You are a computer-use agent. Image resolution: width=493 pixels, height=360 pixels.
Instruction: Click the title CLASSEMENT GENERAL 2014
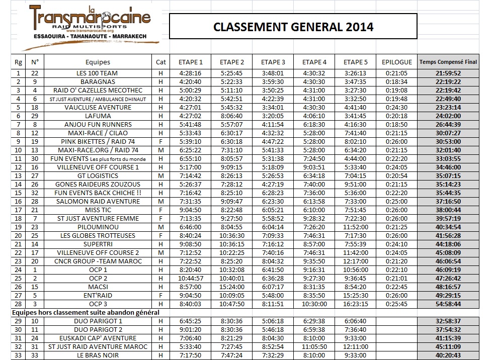point(293,27)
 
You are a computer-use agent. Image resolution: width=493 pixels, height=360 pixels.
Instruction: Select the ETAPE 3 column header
point(273,62)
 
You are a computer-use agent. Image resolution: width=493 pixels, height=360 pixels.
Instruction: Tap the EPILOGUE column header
point(396,62)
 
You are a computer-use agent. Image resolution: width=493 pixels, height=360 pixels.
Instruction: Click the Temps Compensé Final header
point(448,62)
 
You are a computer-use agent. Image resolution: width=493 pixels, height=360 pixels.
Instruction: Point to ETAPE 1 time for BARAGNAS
point(191,81)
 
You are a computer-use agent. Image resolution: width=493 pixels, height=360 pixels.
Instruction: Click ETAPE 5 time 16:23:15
point(355,304)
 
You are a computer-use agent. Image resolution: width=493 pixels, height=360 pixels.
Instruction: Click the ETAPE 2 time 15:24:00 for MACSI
point(232,287)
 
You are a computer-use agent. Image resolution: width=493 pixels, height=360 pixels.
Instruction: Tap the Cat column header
point(160,62)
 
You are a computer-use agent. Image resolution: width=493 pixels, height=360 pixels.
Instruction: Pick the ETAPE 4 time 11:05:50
point(314,346)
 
